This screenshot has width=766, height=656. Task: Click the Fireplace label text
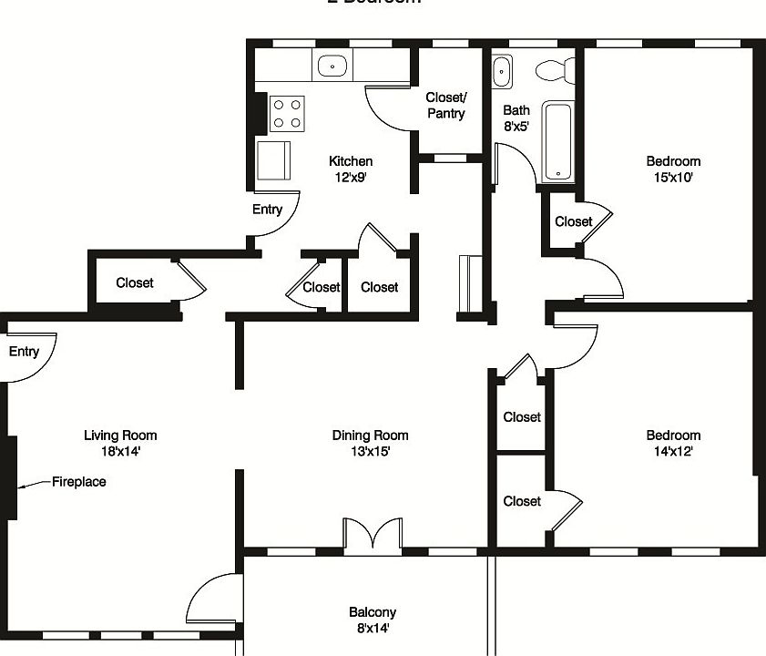(x=78, y=482)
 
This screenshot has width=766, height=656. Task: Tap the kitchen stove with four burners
(x=288, y=113)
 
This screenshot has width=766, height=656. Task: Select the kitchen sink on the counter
(x=333, y=66)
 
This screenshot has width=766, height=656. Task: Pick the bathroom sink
(x=502, y=71)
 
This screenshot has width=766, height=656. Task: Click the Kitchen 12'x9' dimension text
(x=351, y=178)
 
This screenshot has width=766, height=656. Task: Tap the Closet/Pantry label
(x=445, y=106)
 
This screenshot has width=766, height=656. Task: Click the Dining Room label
(x=370, y=436)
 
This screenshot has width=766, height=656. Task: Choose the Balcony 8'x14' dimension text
(x=372, y=628)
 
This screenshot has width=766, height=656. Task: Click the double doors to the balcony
(x=372, y=534)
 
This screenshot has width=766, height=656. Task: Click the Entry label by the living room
(x=24, y=352)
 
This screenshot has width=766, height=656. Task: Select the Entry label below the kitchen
(x=267, y=210)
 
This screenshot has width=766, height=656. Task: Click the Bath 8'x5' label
(x=516, y=118)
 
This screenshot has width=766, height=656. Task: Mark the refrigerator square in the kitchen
(x=274, y=160)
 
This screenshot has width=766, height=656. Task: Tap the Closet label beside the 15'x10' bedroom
(x=573, y=221)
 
